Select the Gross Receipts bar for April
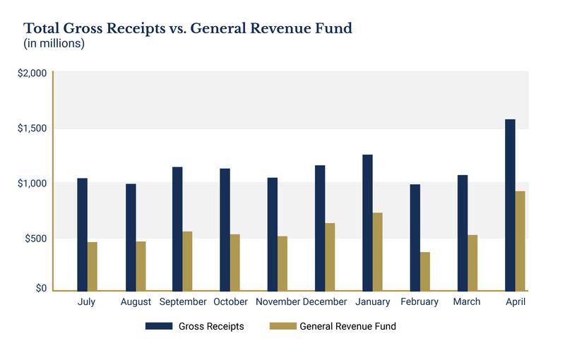click(x=510, y=205)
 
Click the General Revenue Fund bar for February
click(x=424, y=271)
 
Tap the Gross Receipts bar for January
click(x=367, y=222)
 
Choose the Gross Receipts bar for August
click(x=131, y=237)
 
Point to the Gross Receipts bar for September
click(x=177, y=229)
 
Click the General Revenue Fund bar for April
click(x=521, y=241)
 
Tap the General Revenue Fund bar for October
click(x=234, y=262)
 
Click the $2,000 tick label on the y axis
click(x=32, y=73)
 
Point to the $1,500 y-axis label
click(x=32, y=128)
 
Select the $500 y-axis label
click(x=35, y=238)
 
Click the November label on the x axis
click(x=278, y=302)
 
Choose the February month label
click(x=420, y=302)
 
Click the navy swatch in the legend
click(x=159, y=327)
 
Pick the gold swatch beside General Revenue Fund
click(x=282, y=327)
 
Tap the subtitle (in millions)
click(x=54, y=44)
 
